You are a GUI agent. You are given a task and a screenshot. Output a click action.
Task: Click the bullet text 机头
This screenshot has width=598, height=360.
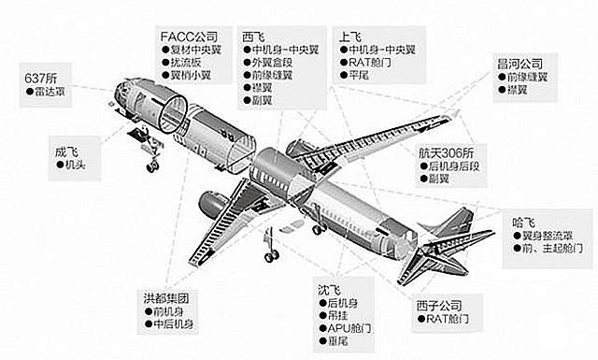click(x=76, y=165)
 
